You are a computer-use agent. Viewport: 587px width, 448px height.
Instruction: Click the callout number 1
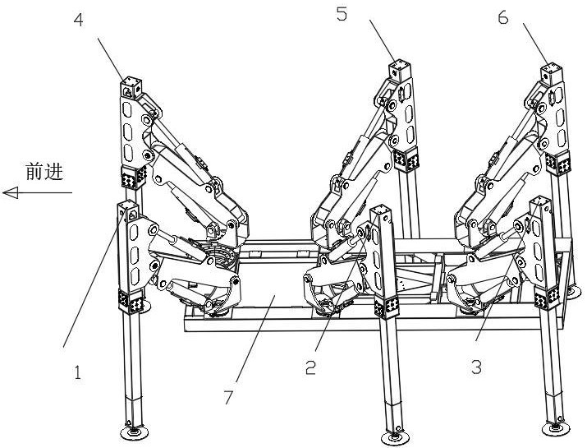tap(78, 372)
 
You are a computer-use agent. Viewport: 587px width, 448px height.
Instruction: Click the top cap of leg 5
tap(400, 67)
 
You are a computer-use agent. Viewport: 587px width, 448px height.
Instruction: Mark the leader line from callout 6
tap(532, 48)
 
